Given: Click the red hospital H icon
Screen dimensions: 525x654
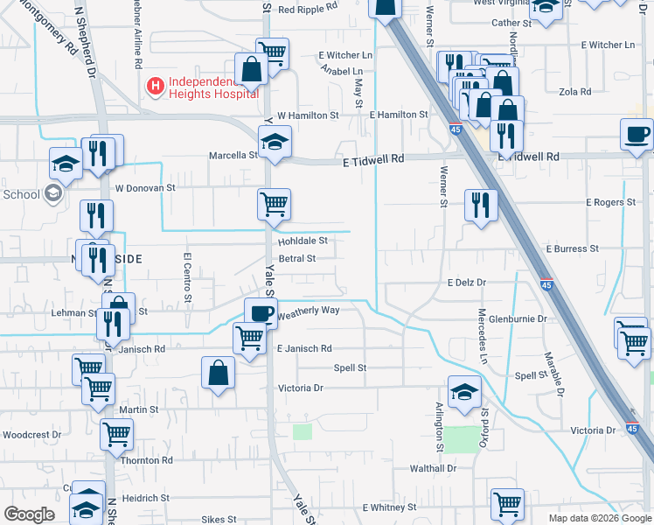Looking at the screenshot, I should tap(156, 86).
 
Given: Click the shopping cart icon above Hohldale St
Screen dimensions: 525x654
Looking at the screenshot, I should tap(275, 204).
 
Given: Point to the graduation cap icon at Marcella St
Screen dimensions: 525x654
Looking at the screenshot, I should tap(275, 140).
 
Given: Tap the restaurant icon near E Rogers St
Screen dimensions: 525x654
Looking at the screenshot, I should tap(481, 204).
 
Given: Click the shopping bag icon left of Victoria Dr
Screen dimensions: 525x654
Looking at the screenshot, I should tap(218, 372).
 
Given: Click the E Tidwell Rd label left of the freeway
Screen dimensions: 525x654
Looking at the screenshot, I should tap(373, 159).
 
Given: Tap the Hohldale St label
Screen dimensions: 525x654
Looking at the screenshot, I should tap(303, 240).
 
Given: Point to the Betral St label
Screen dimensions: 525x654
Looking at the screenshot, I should tap(296, 258).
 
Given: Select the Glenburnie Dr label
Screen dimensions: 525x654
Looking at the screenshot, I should tap(517, 319).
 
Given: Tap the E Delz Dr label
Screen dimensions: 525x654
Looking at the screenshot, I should tap(466, 283).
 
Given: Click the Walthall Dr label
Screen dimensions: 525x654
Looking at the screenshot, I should tap(433, 468).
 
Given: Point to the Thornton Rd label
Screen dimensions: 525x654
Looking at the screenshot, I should tap(146, 460).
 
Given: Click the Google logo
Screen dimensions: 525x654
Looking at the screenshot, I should tap(30, 514).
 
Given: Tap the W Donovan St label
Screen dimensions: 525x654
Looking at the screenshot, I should tap(145, 187).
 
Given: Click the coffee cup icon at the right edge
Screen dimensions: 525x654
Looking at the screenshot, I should tap(637, 135).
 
